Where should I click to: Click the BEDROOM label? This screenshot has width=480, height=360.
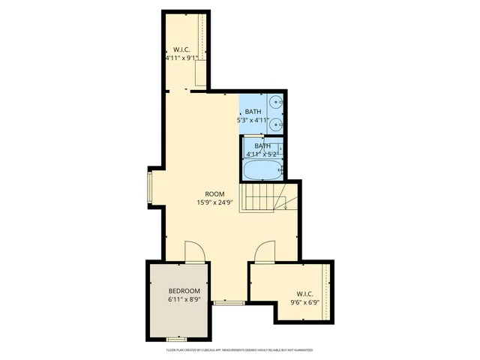(184, 291)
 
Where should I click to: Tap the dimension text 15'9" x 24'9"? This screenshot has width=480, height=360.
(215, 202)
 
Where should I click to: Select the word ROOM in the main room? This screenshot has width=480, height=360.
(215, 194)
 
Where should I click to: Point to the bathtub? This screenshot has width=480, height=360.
(262, 170)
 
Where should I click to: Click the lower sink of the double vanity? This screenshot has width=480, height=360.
(276, 123)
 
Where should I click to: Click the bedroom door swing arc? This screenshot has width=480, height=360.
(193, 251)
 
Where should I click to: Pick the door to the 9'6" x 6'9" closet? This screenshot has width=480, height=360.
(265, 253)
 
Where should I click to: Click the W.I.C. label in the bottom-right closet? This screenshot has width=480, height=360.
(304, 294)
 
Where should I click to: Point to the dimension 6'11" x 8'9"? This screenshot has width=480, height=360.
(184, 300)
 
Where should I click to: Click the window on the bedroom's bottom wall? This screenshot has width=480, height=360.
(176, 340)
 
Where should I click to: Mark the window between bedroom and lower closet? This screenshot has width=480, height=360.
(228, 303)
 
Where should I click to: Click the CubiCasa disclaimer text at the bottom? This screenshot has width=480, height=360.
(239, 349)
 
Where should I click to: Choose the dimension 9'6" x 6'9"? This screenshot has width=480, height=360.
(304, 303)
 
